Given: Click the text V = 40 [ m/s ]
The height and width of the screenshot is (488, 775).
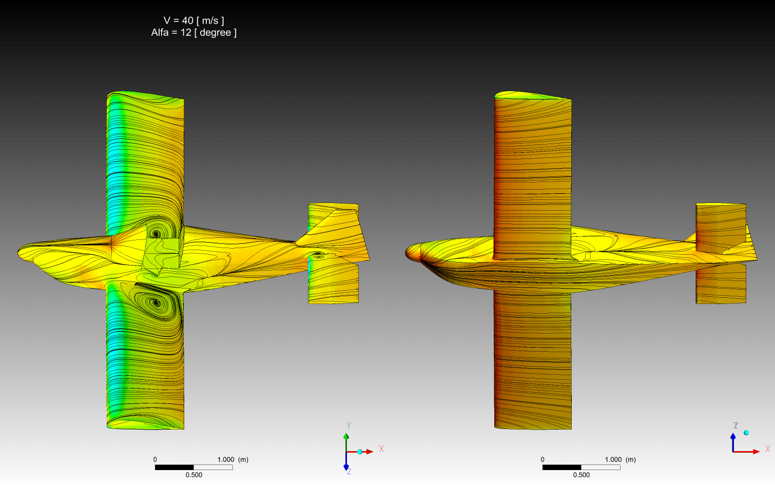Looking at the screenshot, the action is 194,21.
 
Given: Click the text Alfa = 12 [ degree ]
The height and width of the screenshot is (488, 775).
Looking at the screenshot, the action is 194,32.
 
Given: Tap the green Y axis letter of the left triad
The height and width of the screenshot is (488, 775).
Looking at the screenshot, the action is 349,425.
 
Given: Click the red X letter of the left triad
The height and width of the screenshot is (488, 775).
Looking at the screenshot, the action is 381,449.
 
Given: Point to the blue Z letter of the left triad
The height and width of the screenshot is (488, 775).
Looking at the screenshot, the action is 349,472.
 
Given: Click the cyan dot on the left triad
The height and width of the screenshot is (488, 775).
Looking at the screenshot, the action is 360,452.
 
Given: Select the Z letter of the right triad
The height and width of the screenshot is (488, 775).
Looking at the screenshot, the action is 735,425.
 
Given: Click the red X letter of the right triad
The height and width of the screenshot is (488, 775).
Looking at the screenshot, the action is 768,449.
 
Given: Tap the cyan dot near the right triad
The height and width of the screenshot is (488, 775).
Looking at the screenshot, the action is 746,433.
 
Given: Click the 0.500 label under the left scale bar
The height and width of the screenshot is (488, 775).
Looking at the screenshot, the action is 194,475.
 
